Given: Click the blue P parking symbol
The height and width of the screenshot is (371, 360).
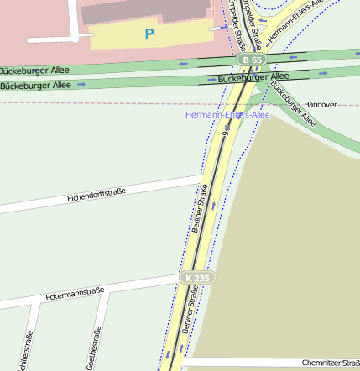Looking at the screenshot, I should tap(149, 34).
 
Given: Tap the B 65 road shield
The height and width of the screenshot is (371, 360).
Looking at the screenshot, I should tap(251, 60).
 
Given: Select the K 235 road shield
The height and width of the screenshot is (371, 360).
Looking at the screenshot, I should tap(198, 277).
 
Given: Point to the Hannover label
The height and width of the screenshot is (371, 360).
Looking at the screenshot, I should tap(320, 104).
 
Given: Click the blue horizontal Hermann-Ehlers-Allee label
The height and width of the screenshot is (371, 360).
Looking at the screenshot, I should tap(227, 113).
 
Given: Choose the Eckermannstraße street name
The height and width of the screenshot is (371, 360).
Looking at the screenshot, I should tap(75, 294).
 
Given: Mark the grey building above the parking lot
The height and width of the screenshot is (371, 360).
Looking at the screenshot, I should tap(143, 10).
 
